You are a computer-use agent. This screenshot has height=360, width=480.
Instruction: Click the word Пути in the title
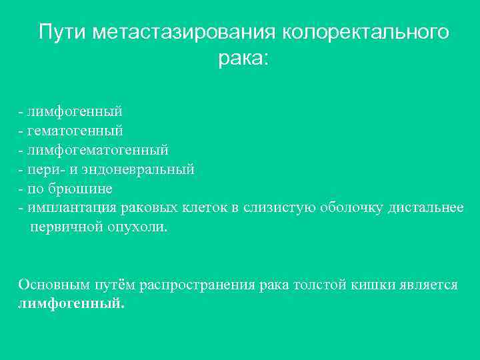pyautogui.click(x=63, y=32)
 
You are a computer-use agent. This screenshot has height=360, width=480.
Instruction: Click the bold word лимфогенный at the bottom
pyautogui.click(x=71, y=303)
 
